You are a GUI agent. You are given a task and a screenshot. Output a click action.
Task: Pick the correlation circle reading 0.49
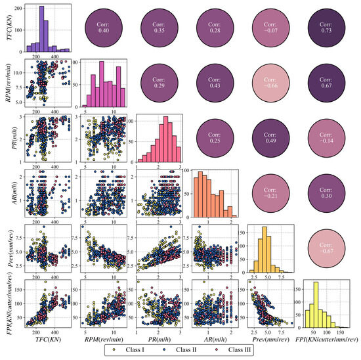(x=272, y=140)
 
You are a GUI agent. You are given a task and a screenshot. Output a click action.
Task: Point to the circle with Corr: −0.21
(x=272, y=195)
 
